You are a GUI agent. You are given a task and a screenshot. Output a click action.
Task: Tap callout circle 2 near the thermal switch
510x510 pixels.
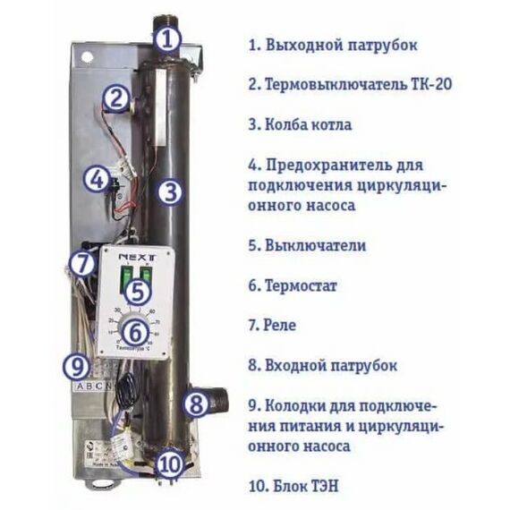pyautogui.click(x=114, y=98)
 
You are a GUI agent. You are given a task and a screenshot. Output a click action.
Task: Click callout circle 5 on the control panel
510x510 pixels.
pyautogui.click(x=134, y=291)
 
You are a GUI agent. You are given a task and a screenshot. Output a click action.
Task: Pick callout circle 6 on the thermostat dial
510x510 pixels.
pyautogui.click(x=132, y=330)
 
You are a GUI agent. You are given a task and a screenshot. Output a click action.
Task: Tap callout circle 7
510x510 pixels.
pyautogui.click(x=82, y=265)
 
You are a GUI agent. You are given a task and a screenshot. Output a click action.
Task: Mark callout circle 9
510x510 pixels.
pyautogui.click(x=77, y=365)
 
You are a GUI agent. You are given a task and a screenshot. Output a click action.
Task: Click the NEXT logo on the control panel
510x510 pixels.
pyautogui.click(x=132, y=258)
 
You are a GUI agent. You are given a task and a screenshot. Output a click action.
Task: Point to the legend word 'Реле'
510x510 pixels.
pyautogui.click(x=280, y=326)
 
